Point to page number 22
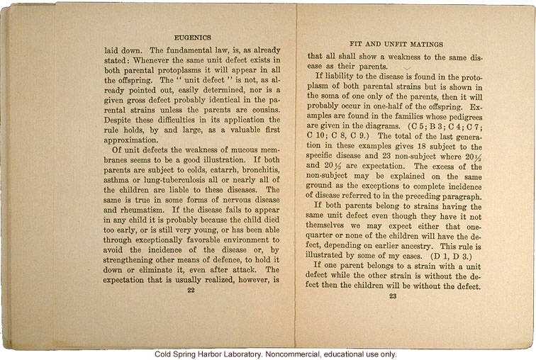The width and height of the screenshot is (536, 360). click(x=189, y=289)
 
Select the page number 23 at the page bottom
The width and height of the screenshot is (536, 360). click(x=392, y=296)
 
